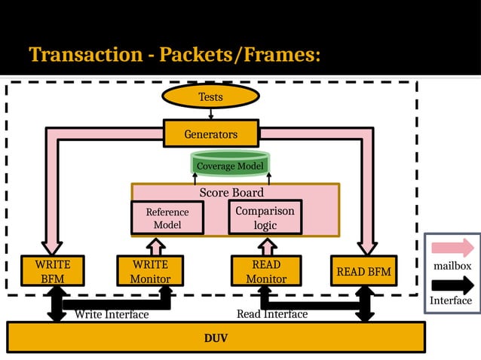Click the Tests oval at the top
[210, 96]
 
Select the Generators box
[210, 134]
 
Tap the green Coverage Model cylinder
[230, 165]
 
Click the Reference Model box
[167, 218]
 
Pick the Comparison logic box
[265, 217]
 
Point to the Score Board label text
[231, 193]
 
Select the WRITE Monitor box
[149, 271]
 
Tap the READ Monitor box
[265, 271]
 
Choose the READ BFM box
[363, 271]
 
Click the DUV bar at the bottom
[216, 337]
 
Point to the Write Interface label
[111, 314]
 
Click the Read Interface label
[272, 313]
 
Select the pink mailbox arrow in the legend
[452, 247]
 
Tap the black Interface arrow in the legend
[452, 285]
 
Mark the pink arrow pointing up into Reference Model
[155, 246]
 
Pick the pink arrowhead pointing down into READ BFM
[367, 246]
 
